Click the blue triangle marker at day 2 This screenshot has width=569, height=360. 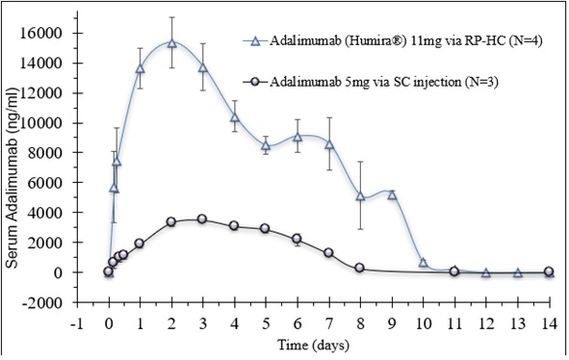[172, 43]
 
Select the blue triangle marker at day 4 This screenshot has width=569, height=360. [235, 117]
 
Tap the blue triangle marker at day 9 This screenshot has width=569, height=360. [392, 195]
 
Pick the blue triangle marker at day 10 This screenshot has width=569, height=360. [423, 263]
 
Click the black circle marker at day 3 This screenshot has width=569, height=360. [202, 219]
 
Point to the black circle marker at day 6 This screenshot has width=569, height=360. [297, 239]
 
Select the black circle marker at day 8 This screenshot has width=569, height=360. [360, 268]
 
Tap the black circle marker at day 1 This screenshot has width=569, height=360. [140, 244]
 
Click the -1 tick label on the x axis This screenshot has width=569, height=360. [77, 323]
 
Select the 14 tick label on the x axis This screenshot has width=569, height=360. [550, 323]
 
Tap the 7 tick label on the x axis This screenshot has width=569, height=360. [329, 323]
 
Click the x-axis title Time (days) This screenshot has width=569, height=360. [313, 345]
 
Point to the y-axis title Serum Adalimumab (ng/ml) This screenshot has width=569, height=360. [12, 178]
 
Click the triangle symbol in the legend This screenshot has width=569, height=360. [255, 41]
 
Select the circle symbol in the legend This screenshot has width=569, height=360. [255, 82]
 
